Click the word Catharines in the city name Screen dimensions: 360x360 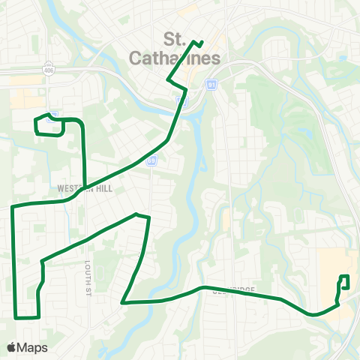pos(184,57)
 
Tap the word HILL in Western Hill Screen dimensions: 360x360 pos(103,189)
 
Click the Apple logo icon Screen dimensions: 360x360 pos(12,347)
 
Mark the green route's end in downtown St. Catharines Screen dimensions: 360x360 pos(202,40)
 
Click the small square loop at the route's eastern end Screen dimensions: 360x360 pos(344,282)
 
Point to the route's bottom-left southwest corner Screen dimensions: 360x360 pos(16,317)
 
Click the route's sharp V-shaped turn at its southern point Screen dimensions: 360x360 pos(123,303)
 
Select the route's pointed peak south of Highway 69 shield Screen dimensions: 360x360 pos(136,214)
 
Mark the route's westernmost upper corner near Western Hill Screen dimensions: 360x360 pos(13,205)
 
